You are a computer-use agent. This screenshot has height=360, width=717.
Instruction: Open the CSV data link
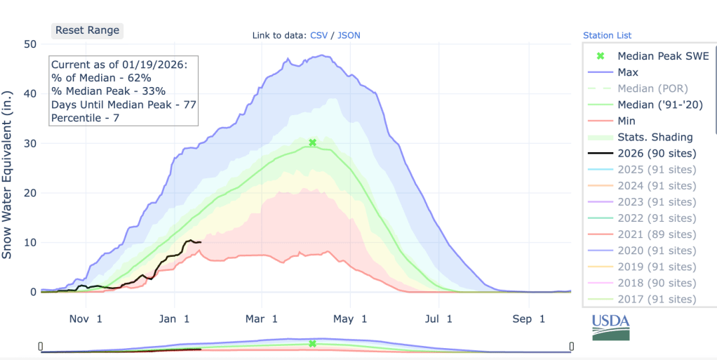click(x=319, y=35)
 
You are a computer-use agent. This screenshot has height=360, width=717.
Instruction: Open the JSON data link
click(x=349, y=35)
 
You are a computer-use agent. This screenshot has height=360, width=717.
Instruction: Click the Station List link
click(x=607, y=35)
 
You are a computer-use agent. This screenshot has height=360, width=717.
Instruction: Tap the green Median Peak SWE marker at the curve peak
click(x=312, y=142)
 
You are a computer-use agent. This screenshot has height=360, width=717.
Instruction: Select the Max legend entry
click(x=627, y=72)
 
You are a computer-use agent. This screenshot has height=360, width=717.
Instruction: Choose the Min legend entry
click(x=626, y=121)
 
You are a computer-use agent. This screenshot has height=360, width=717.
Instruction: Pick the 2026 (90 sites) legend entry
click(x=657, y=153)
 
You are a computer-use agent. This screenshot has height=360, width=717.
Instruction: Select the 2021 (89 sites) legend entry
click(x=657, y=234)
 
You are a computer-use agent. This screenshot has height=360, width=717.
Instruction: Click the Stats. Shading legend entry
click(x=655, y=137)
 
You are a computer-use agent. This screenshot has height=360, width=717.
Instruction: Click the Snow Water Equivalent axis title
click(x=8, y=174)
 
